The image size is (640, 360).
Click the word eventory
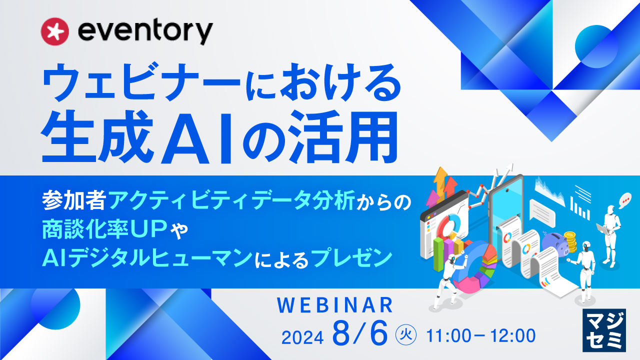[x=145, y=31]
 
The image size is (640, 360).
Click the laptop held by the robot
[x=602, y=230]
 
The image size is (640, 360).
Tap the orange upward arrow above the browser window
[x=441, y=180]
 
